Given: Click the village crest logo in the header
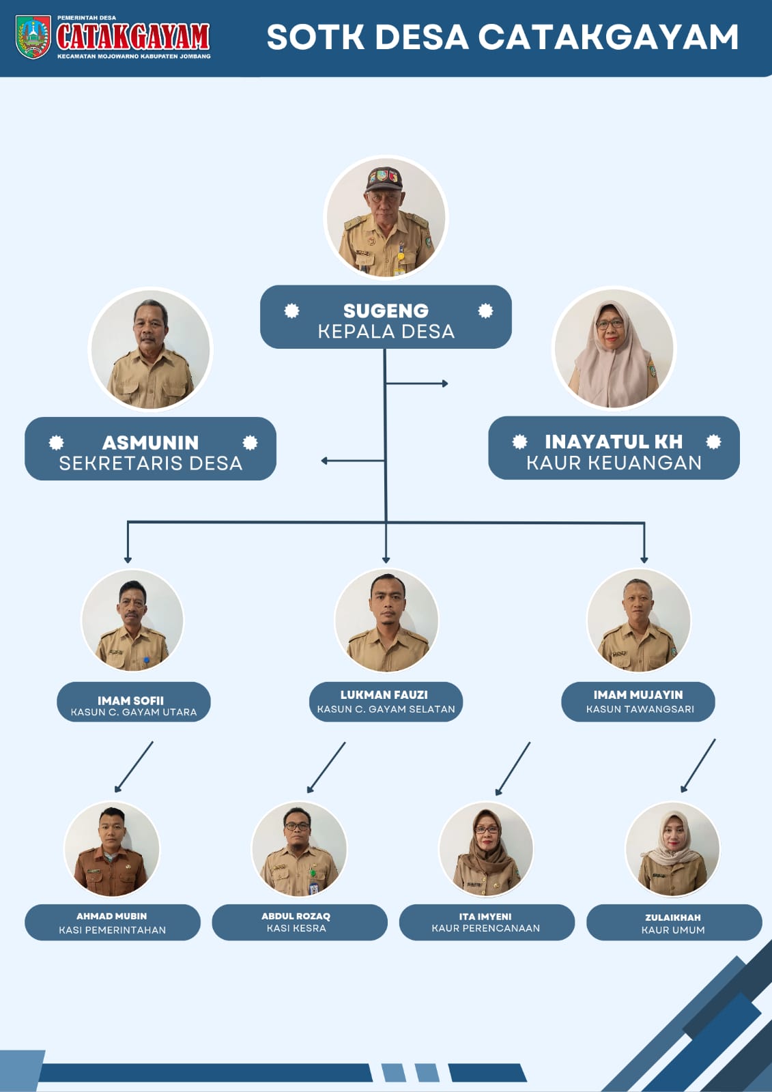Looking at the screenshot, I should (33, 38).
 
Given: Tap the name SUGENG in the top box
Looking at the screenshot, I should (386, 311).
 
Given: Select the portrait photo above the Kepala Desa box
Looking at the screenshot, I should (386, 217).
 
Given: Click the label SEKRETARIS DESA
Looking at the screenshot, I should (150, 463).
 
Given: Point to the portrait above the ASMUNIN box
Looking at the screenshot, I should (150, 349).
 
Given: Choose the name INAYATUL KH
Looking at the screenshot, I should (613, 442).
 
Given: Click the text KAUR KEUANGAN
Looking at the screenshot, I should (614, 463).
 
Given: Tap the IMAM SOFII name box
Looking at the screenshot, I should (133, 702).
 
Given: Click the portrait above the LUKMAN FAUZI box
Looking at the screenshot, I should (386, 620).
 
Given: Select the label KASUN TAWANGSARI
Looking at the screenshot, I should (640, 709).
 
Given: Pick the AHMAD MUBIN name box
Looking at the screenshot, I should (113, 922).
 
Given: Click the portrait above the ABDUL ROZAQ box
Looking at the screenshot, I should (299, 849).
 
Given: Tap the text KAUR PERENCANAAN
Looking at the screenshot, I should (485, 928).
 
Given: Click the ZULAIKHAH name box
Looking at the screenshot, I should (673, 922).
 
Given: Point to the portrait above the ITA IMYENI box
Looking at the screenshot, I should (486, 849).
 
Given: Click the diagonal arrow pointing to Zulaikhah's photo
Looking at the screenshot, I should (698, 765).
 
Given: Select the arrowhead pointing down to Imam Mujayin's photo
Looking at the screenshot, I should (644, 560).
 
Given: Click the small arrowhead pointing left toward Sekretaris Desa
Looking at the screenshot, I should (324, 461).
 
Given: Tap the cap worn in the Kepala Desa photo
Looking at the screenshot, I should (384, 179).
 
